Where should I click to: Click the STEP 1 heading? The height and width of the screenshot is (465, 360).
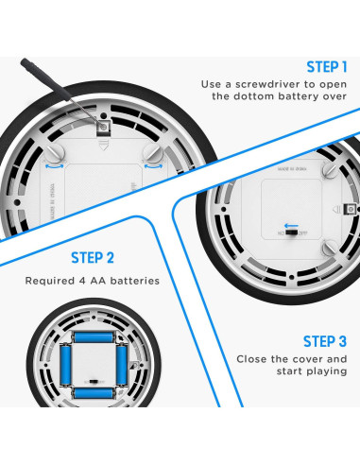327,67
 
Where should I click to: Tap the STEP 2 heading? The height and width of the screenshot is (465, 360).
93,258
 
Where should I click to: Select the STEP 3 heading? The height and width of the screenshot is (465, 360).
325,341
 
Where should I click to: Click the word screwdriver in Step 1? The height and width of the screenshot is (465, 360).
267,84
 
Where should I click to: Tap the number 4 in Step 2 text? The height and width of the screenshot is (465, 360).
82,281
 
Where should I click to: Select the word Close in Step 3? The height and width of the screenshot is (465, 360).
251,359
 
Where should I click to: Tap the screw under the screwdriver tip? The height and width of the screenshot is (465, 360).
103,127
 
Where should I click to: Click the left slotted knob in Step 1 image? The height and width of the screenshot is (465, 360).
55,153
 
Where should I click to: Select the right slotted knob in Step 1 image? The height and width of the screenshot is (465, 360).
153,153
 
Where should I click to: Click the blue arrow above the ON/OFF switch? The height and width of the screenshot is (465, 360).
291,226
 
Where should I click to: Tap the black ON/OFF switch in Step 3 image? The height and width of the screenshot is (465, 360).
291,232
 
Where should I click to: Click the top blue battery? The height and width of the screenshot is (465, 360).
94,337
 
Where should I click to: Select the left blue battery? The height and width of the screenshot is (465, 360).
65,366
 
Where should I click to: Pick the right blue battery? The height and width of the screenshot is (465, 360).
122,366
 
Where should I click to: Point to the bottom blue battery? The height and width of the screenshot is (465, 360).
94,393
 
